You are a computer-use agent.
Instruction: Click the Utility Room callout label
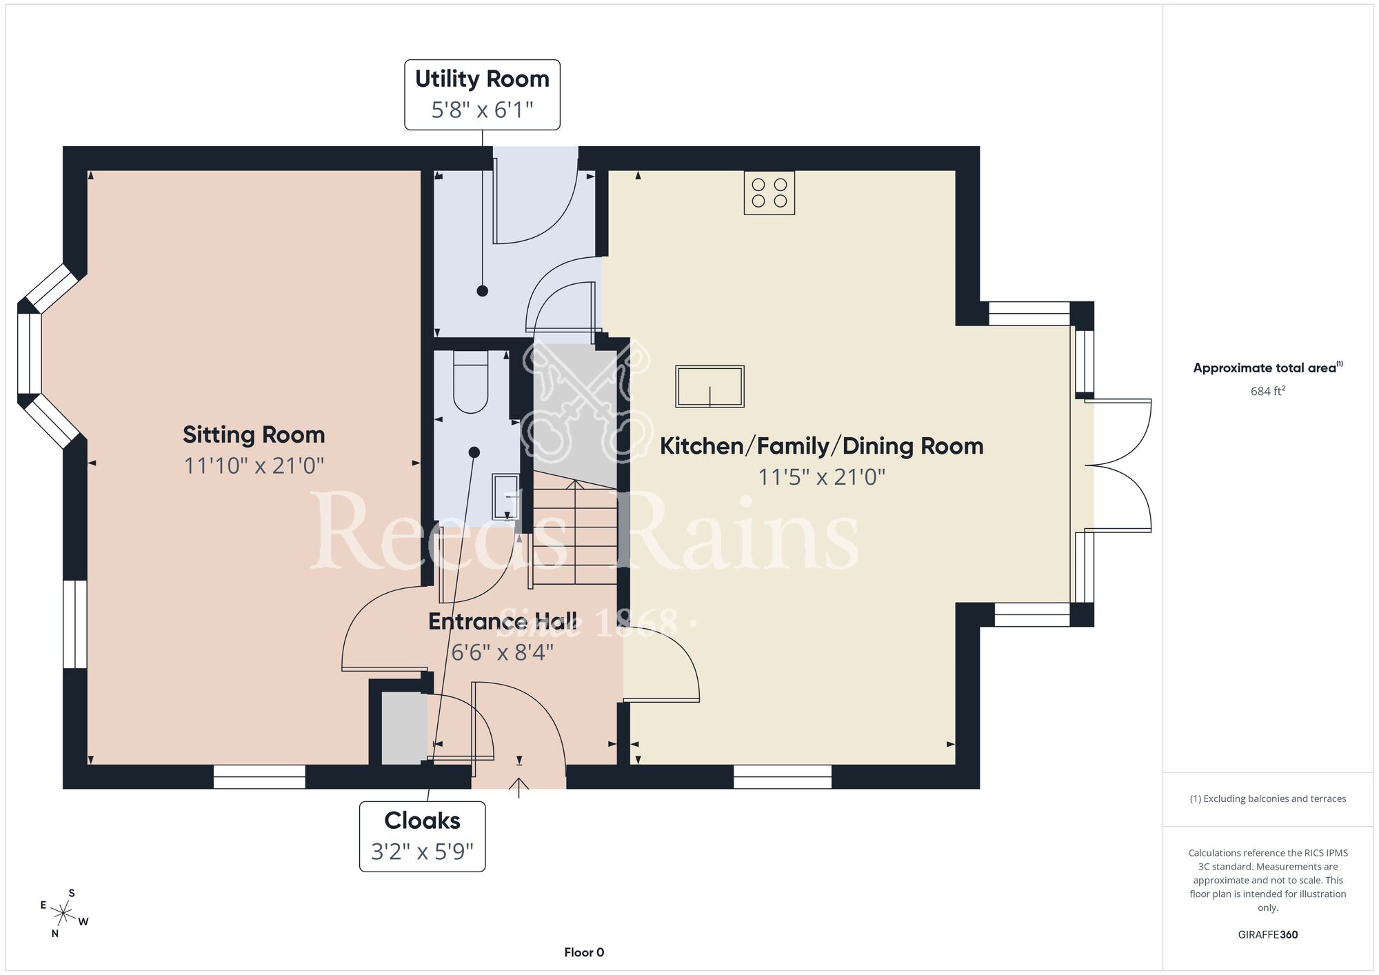click(x=482, y=94)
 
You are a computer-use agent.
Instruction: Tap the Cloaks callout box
click(x=422, y=836)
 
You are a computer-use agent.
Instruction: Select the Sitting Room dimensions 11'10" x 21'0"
click(x=254, y=466)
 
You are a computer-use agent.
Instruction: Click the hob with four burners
click(x=769, y=192)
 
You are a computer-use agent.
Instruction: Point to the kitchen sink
click(x=709, y=387)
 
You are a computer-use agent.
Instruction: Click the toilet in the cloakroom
click(x=470, y=381)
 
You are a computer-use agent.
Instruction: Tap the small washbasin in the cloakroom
click(x=506, y=496)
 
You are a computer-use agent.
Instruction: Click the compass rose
click(x=63, y=914)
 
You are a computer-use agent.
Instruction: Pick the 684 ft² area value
click(x=1268, y=391)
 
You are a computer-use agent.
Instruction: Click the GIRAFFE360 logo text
click(x=1268, y=935)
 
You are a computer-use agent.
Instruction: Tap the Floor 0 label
click(x=584, y=952)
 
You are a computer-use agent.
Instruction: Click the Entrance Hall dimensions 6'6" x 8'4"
click(x=502, y=652)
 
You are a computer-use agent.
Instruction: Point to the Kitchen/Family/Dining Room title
click(x=821, y=446)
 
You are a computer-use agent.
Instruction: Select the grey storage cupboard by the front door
click(x=405, y=729)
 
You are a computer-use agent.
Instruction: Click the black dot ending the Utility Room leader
click(x=483, y=291)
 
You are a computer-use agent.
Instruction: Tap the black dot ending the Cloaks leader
click(x=474, y=452)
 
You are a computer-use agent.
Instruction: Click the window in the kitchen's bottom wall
click(x=783, y=776)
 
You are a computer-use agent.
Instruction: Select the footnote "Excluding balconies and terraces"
click(x=1268, y=798)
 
